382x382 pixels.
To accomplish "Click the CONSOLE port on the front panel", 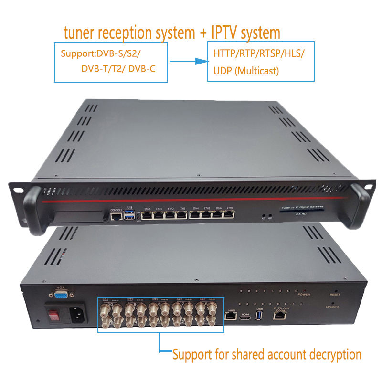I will point(116,216).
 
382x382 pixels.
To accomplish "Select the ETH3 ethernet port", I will point(181,215).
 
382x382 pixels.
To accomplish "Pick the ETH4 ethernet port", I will point(195,215).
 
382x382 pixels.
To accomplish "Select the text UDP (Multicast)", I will point(246,72).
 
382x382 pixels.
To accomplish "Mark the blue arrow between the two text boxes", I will point(186,61).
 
